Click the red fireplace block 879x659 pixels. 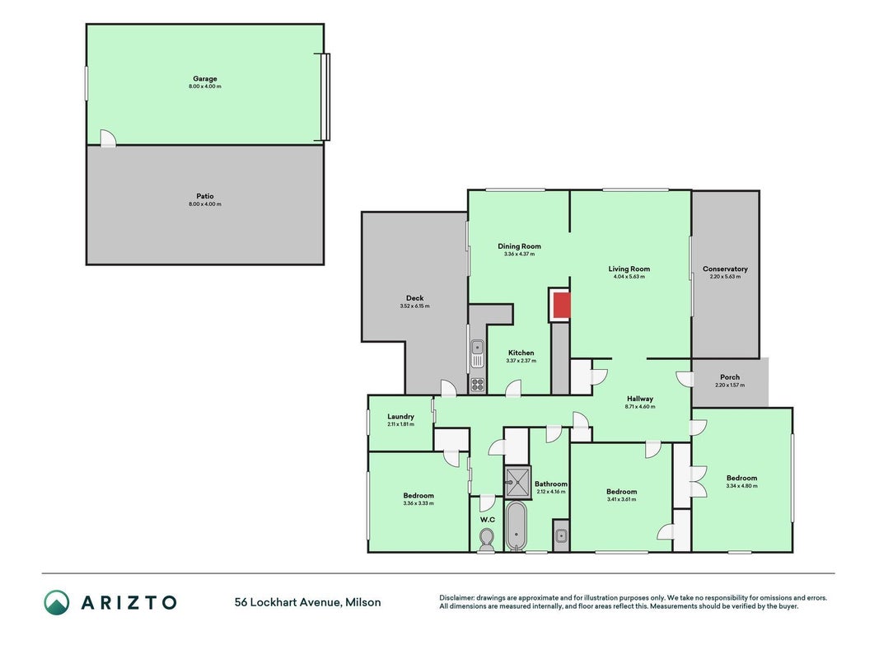[561, 306]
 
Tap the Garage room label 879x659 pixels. [204, 79]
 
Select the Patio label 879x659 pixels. [204, 196]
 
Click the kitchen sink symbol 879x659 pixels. [477, 353]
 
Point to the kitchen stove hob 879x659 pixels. [477, 385]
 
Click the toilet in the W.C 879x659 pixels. [487, 540]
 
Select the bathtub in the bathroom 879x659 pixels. [516, 526]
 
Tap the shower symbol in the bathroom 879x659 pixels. [517, 482]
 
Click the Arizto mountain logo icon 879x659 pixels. [57, 602]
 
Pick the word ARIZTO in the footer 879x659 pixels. [129, 602]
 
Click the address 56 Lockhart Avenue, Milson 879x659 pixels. [308, 602]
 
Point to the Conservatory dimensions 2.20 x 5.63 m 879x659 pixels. [725, 277]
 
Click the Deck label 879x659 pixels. [415, 298]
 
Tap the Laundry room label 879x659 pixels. [401, 416]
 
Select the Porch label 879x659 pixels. [730, 377]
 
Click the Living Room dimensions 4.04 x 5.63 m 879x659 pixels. [629, 277]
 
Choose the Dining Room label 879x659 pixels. [519, 246]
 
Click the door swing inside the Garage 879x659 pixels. [108, 138]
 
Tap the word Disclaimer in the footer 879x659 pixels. [457, 598]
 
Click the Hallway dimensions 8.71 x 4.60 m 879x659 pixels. [640, 407]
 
